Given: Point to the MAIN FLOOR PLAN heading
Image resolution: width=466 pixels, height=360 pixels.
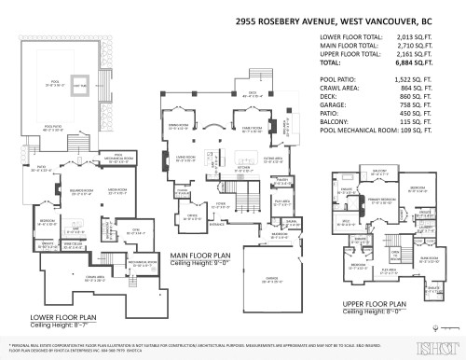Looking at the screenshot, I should pyautogui.click(x=201, y=253).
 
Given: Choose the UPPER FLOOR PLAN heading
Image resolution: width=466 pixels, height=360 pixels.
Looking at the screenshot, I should pyautogui.click(x=374, y=303).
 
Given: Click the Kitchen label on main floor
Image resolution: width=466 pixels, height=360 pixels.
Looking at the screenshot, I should pyautogui.click(x=216, y=171).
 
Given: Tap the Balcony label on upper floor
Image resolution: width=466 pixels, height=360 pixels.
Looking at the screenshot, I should pyautogui.click(x=380, y=172).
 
